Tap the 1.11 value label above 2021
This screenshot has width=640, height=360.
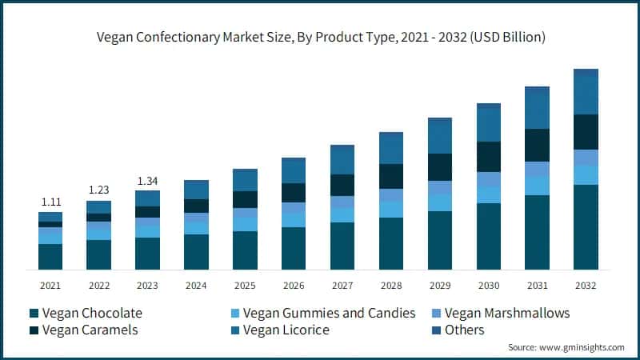[50, 202]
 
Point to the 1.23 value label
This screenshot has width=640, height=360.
[98, 190]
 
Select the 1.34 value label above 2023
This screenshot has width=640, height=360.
[147, 180]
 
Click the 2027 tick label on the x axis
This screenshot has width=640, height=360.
[342, 286]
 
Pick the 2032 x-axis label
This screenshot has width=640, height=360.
[586, 286]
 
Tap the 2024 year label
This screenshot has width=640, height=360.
[196, 286]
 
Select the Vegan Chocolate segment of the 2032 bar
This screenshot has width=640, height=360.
[586, 227]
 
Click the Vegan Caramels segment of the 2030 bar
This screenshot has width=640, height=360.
[489, 157]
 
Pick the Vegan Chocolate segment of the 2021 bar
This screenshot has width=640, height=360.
[50, 257]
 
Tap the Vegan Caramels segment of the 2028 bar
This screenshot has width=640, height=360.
[391, 176]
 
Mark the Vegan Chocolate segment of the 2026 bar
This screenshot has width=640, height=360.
[294, 248]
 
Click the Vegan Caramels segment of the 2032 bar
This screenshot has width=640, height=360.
[586, 132]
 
